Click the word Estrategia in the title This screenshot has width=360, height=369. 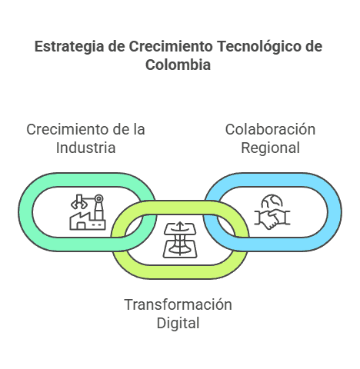[69, 47]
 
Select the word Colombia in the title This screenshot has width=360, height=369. [178, 65]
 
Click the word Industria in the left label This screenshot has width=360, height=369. [85, 148]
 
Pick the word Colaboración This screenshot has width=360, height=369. [270, 129]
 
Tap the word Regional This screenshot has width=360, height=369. [270, 148]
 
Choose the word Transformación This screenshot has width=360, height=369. [178, 304]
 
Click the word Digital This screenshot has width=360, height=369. [178, 324]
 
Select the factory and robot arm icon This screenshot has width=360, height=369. [88, 212]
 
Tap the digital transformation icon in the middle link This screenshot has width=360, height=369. [180, 240]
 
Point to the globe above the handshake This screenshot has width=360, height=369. [272, 201]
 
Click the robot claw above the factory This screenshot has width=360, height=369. [78, 202]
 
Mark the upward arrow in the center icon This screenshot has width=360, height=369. [180, 226]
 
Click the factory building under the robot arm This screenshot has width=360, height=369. [88, 221]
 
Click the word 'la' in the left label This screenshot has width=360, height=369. [139, 129]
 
